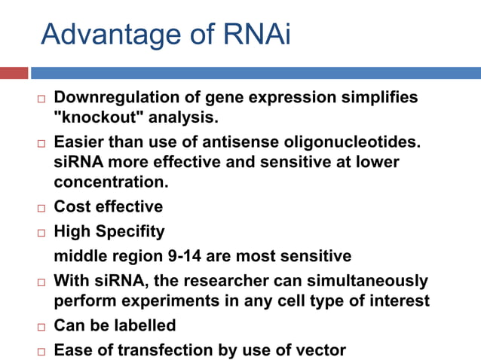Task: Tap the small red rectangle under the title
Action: click(x=14, y=73)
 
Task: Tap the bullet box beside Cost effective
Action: click(x=40, y=207)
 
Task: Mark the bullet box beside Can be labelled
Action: click(x=40, y=326)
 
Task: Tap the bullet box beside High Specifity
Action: click(x=40, y=232)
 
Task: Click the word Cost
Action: click(x=72, y=206)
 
